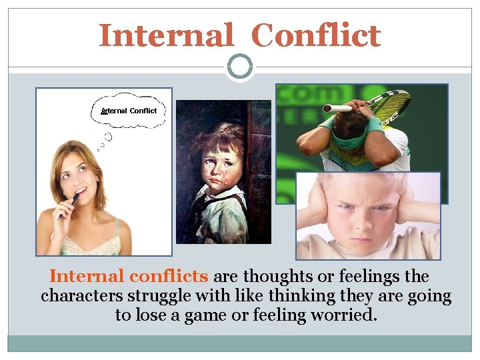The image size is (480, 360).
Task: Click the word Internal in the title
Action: coord(166,35)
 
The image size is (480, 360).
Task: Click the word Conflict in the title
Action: coord(316,35)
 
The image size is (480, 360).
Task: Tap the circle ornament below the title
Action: coord(240,67)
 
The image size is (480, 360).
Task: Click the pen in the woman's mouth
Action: coord(71,203)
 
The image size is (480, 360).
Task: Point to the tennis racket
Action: coord(387,107)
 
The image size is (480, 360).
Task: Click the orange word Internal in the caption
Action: coord(87,276)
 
